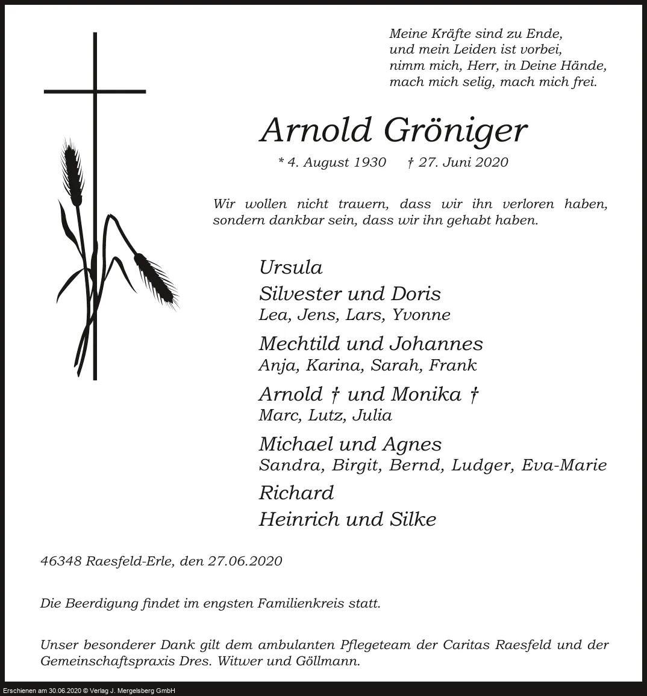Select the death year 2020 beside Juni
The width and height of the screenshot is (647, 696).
[490, 162]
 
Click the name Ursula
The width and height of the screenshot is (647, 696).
[290, 267]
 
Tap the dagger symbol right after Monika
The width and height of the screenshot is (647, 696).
[474, 395]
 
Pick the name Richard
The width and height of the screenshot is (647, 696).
[296, 493]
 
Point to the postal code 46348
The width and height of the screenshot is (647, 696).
[61, 561]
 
